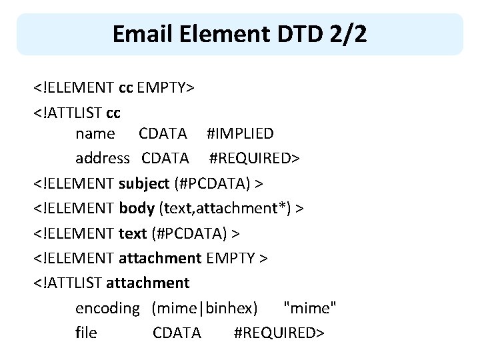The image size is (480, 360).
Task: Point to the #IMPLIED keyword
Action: [239, 134]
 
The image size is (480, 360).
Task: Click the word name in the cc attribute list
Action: [95, 134]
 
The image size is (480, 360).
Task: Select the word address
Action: [103, 159]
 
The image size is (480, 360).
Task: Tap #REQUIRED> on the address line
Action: [255, 159]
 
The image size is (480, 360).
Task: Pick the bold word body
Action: [137, 209]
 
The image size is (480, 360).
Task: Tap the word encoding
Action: [107, 308]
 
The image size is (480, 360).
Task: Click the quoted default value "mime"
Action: [310, 308]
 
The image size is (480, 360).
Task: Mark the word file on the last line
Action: [86, 333]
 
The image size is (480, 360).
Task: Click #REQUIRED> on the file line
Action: [279, 333]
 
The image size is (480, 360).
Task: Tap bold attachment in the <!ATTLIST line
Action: [148, 283]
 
